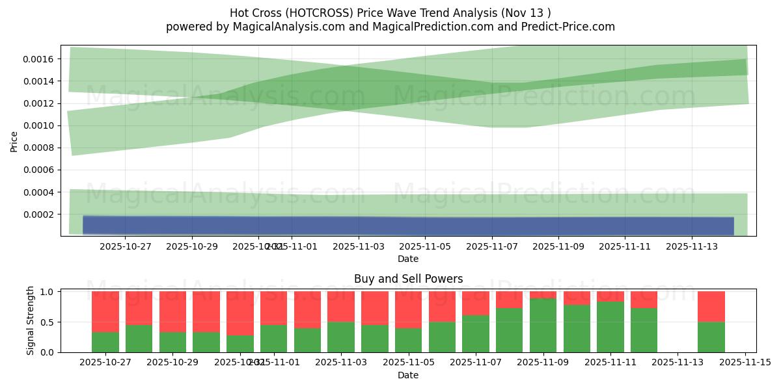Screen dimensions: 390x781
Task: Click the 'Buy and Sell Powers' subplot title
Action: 408,279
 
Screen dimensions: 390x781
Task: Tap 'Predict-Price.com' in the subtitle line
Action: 568,27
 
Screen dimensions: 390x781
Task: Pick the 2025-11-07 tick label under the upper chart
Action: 491,247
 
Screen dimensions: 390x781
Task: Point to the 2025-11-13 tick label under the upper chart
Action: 691,247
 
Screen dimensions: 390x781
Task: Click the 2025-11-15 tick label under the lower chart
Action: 745,363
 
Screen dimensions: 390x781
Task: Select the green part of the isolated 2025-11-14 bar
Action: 711,337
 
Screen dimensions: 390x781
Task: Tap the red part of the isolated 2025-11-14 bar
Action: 711,306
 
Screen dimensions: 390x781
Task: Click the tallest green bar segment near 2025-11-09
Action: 543,325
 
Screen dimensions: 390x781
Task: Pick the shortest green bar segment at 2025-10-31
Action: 240,344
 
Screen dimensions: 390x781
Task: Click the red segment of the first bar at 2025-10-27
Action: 105,311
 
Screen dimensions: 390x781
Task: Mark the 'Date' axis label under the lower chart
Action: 408,375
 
